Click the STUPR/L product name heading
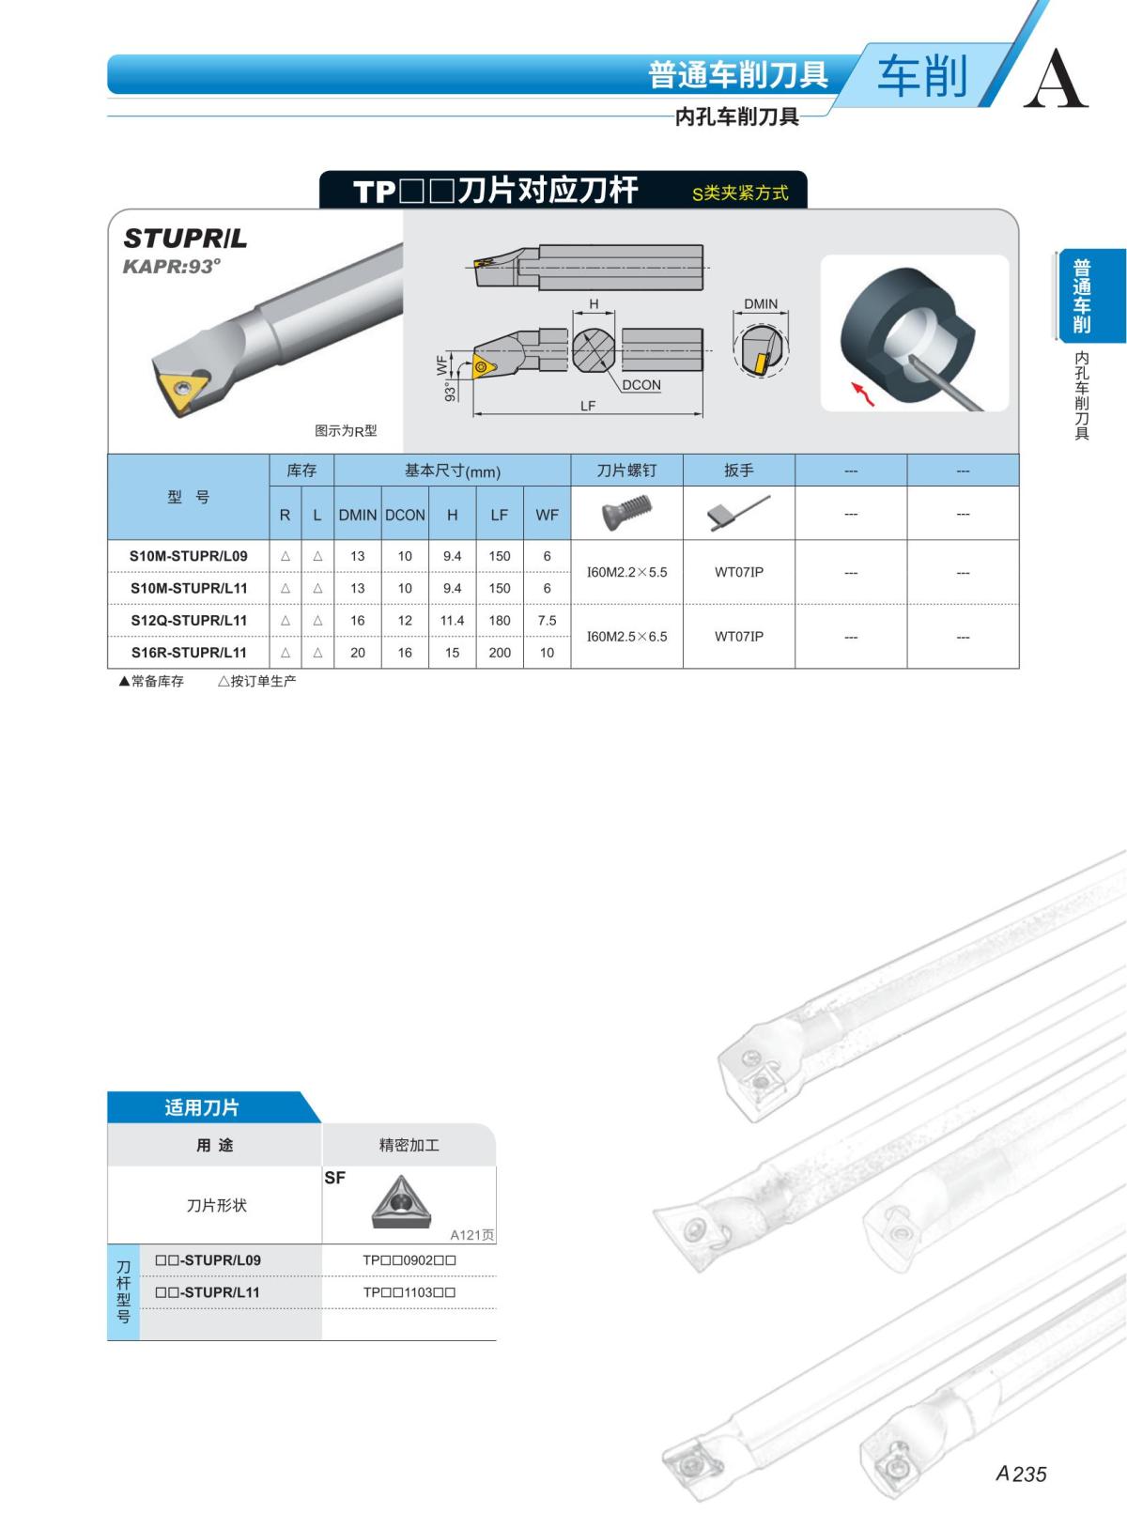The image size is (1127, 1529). (x=185, y=239)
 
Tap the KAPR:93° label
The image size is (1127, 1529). (x=172, y=266)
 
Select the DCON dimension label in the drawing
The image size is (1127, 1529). (x=641, y=385)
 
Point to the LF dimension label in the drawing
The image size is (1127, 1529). (x=588, y=406)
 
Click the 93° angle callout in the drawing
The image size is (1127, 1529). (x=450, y=391)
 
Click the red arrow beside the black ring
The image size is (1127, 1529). (x=863, y=394)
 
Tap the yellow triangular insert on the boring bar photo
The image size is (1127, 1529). (x=180, y=390)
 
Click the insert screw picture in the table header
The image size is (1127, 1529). (x=626, y=513)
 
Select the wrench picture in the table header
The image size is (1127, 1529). (x=738, y=513)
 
